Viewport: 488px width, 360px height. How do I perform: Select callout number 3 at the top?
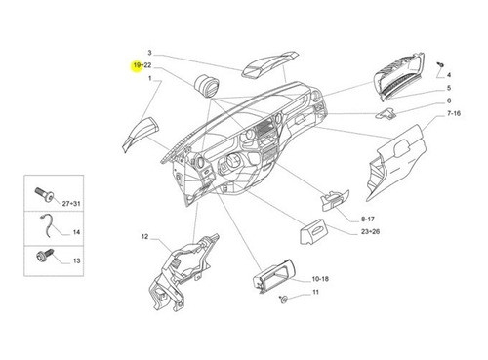pyautogui.click(x=150, y=51)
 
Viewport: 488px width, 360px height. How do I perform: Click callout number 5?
pyautogui.click(x=450, y=87)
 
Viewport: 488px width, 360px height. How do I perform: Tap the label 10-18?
pyautogui.click(x=320, y=279)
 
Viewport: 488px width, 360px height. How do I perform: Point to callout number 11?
pyautogui.click(x=315, y=293)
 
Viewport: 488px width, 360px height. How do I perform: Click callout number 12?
pyautogui.click(x=143, y=237)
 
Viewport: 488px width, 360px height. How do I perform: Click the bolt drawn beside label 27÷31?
pyautogui.click(x=42, y=195)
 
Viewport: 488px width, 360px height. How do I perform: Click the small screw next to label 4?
pyautogui.click(x=442, y=60)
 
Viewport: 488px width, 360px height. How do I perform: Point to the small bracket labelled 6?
pyautogui.click(x=388, y=114)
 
